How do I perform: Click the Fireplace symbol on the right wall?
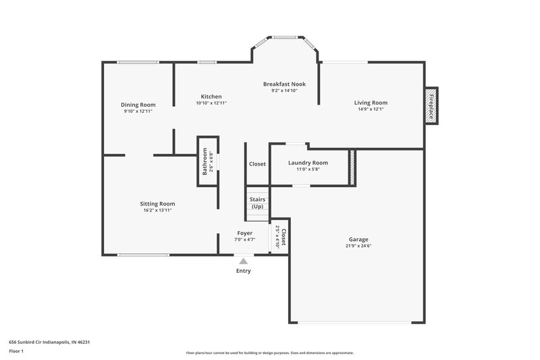point(431,105)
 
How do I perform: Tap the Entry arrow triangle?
point(243,261)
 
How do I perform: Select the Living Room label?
point(371,103)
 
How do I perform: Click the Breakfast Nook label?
point(284,84)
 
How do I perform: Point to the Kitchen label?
point(211,97)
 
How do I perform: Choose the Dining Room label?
point(138,105)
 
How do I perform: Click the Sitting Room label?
point(157,203)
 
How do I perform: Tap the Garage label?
point(358,239)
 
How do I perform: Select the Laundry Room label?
point(308,163)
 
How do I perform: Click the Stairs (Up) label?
point(257,203)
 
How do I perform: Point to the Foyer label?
point(244,233)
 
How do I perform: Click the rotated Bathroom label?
point(205,161)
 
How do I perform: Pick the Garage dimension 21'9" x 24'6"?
point(358,246)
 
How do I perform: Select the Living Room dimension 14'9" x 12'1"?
point(371,109)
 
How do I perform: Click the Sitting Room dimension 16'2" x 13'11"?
point(157,210)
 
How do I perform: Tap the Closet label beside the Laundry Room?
point(257,164)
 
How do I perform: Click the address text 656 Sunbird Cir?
point(49,342)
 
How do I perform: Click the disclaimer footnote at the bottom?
point(269,353)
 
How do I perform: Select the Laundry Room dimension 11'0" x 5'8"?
point(308,170)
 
